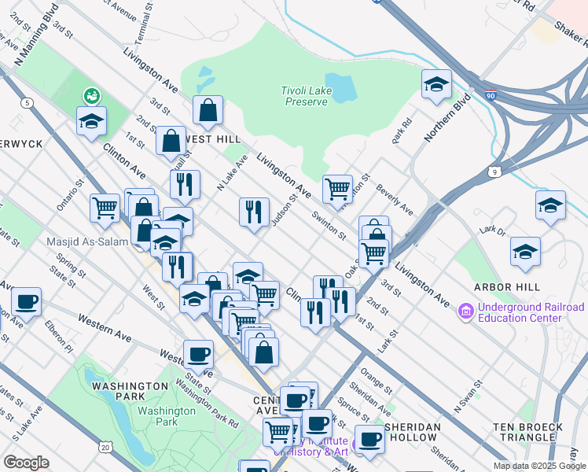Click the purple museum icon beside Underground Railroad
(x=465, y=312)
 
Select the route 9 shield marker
(x=494, y=171)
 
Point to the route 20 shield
(x=105, y=447)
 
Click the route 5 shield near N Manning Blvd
(x=28, y=102)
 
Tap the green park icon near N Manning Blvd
(x=92, y=96)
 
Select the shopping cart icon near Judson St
(x=337, y=188)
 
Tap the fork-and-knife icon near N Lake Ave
(x=253, y=212)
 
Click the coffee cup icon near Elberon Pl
(x=26, y=301)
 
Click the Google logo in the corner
(x=27, y=462)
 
